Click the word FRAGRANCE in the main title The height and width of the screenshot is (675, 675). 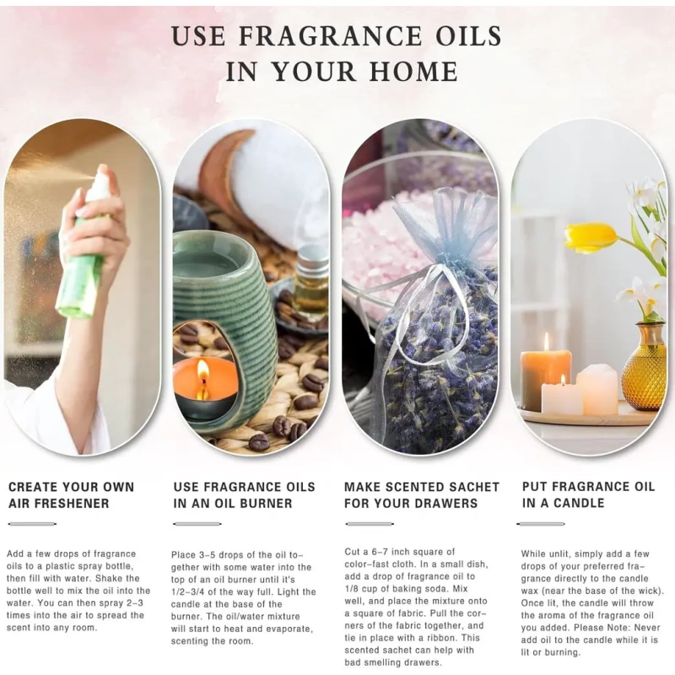pyautogui.click(x=330, y=35)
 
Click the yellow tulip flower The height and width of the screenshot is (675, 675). pyautogui.click(x=591, y=237)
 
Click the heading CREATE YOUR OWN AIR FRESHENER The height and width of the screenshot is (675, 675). pyautogui.click(x=71, y=495)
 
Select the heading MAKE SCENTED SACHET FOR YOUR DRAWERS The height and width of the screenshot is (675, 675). pyautogui.click(x=421, y=495)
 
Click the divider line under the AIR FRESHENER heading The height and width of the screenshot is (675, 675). pyautogui.click(x=32, y=524)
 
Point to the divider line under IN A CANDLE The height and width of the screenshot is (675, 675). pyautogui.click(x=541, y=524)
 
